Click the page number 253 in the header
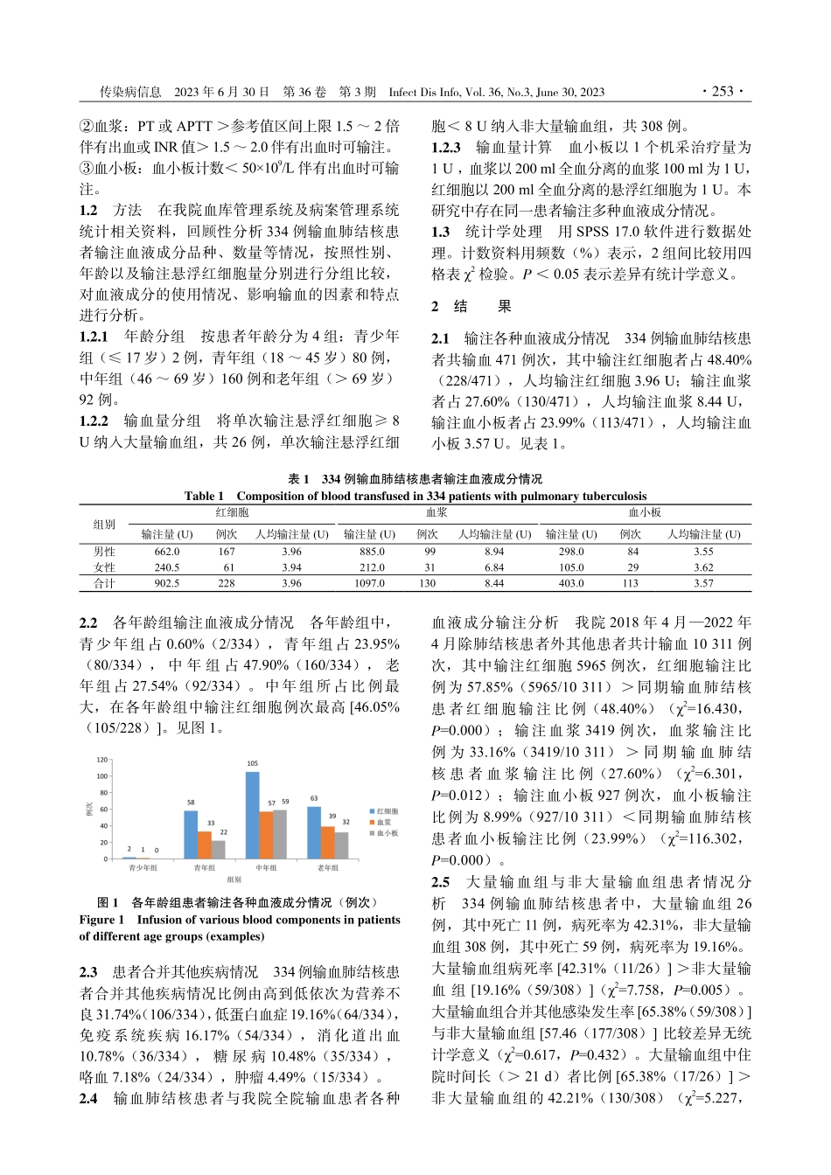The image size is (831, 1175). (722, 92)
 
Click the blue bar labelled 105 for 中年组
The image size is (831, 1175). (252, 814)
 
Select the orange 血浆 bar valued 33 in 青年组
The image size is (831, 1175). (205, 844)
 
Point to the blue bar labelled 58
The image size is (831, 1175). (191, 834)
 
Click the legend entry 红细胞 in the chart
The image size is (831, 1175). (385, 811)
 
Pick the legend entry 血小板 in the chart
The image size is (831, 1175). (385, 833)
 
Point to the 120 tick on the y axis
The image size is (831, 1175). (102, 760)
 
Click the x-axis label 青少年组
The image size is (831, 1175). (143, 868)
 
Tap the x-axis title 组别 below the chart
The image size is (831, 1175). (234, 880)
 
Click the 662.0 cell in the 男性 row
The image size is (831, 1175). (166, 552)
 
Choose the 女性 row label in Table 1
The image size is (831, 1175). (104, 567)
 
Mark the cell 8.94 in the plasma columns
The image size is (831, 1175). (494, 552)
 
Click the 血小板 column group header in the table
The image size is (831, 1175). (645, 513)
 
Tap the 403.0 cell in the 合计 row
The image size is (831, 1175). (571, 583)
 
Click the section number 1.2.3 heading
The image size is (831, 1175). (446, 148)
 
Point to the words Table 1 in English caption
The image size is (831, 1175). (204, 496)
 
